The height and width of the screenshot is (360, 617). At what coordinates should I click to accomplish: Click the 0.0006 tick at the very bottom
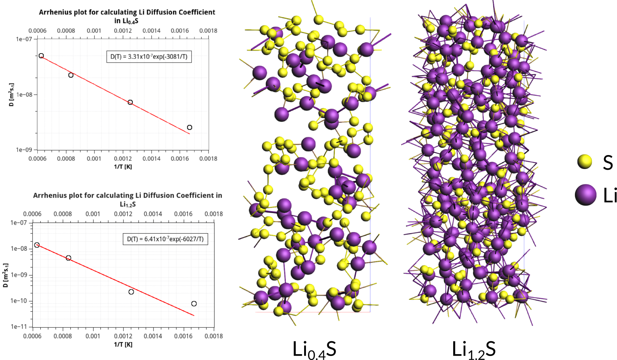click(32, 336)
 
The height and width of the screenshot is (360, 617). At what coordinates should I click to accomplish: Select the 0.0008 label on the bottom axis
click(63, 336)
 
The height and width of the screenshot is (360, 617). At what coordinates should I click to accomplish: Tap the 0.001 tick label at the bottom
click(93, 336)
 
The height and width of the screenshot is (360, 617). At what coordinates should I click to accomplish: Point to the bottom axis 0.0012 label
click(123, 336)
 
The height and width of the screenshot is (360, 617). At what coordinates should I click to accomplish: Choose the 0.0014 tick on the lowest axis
click(153, 336)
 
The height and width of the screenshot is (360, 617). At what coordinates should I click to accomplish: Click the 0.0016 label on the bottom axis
click(183, 336)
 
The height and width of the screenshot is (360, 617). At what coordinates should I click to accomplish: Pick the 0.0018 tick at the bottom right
click(214, 336)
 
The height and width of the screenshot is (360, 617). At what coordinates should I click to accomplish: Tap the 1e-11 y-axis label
click(19, 327)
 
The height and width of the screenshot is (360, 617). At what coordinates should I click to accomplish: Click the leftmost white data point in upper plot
click(41, 56)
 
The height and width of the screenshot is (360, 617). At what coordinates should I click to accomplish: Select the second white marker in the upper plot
click(71, 75)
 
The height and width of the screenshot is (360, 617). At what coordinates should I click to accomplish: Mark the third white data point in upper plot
click(130, 102)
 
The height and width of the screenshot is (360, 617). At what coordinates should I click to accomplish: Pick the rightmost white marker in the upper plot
click(189, 128)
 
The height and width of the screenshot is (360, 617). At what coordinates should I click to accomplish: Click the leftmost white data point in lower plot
click(37, 245)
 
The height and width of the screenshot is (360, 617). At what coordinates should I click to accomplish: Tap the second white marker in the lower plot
click(69, 258)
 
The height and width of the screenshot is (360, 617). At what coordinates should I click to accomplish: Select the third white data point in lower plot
click(131, 292)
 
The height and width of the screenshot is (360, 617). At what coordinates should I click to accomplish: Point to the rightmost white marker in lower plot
click(194, 304)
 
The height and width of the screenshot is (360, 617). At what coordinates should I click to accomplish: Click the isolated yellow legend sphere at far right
click(585, 161)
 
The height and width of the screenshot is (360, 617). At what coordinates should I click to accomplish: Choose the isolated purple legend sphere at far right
click(586, 194)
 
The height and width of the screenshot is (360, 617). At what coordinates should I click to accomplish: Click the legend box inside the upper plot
click(149, 57)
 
